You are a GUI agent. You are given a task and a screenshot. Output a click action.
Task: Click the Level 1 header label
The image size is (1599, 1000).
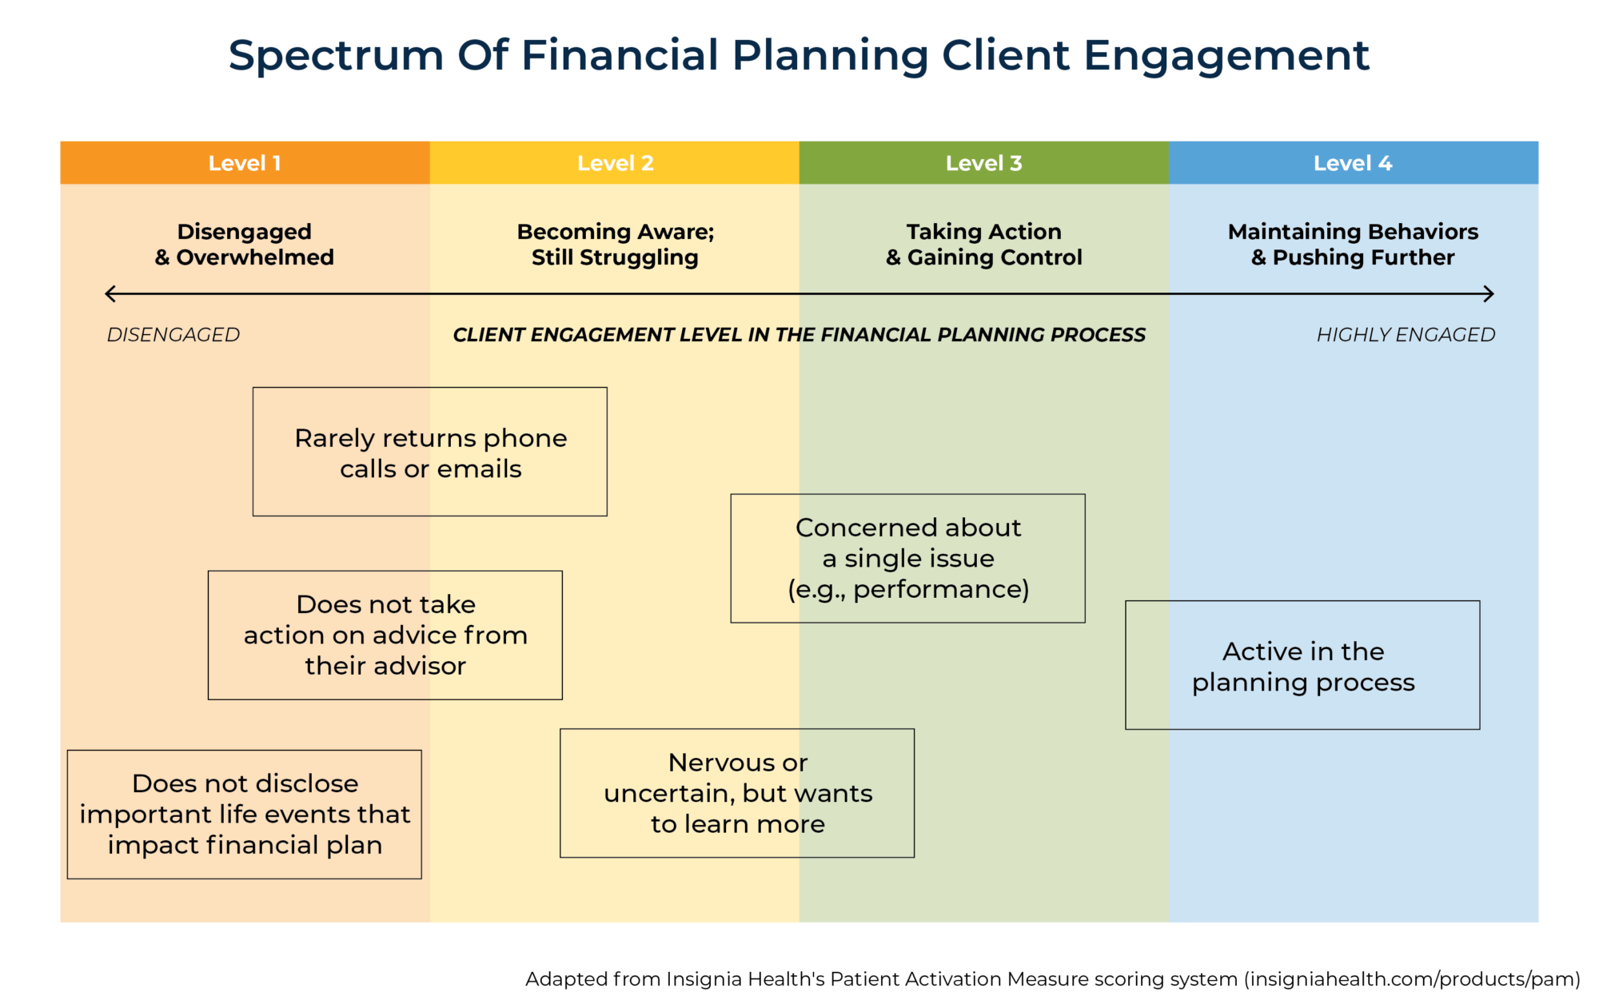245,163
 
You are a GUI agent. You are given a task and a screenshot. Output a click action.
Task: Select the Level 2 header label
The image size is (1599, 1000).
615,163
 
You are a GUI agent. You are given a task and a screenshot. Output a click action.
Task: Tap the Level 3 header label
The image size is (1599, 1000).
983,163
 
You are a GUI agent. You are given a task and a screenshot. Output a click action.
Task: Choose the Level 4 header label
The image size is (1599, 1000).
1353,163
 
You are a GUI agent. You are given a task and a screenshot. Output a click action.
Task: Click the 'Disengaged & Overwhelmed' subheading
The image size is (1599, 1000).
245,245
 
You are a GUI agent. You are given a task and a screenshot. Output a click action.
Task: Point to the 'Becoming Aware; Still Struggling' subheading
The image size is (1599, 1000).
615,245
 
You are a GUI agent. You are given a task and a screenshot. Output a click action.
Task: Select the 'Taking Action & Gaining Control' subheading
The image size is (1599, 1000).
983,245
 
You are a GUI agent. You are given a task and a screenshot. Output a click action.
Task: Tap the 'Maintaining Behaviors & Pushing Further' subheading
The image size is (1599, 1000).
1353,245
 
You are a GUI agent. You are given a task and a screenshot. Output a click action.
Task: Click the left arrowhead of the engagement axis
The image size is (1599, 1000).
109,294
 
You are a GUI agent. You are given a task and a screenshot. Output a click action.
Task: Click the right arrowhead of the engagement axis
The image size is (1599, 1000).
1490,294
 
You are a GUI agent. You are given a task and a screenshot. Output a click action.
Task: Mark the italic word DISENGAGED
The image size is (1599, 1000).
173,335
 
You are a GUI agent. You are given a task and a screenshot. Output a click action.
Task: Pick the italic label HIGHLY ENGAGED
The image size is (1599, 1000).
1406,335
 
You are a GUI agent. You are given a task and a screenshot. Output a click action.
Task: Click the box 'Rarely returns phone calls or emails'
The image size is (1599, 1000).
430,452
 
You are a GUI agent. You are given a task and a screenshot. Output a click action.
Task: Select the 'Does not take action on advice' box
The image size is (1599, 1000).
385,635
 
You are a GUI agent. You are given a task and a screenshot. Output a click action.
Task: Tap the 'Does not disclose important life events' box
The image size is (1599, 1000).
245,815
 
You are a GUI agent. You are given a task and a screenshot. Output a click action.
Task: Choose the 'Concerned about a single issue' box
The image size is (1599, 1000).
908,559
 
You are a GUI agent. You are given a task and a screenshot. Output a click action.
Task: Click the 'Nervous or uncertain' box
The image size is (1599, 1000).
737,793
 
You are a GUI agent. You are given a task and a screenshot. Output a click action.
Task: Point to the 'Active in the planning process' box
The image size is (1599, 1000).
1303,666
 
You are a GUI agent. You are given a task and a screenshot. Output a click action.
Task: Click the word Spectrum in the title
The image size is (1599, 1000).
336,56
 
